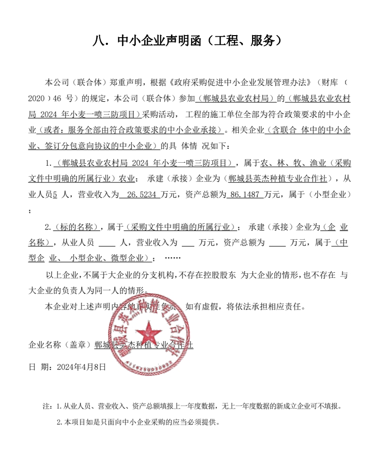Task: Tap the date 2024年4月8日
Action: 81,367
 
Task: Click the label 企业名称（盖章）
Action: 60,345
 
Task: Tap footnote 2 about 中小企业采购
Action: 138,422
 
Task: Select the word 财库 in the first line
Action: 331,82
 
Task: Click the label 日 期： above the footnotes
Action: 40,367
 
